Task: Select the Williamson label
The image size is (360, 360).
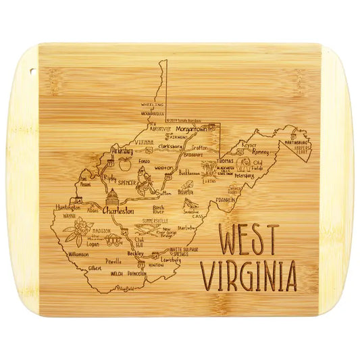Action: (78, 255)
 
